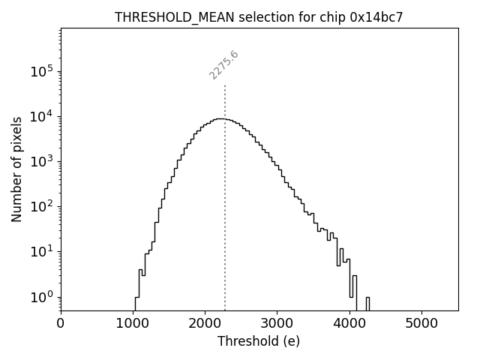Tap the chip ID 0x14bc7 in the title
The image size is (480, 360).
pyautogui.click(x=376, y=17)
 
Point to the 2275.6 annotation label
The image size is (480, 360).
pyautogui.click(x=223, y=65)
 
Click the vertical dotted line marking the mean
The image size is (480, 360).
pyautogui.click(x=224, y=225)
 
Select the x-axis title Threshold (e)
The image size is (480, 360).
pyautogui.click(x=259, y=341)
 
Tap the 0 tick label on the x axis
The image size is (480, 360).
pyautogui.click(x=61, y=324)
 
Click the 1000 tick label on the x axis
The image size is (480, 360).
pyautogui.click(x=133, y=324)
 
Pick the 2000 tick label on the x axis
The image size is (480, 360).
pyautogui.click(x=205, y=324)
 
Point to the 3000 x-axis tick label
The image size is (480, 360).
pyautogui.click(x=277, y=324)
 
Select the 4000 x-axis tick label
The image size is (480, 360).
pyautogui.click(x=349, y=324)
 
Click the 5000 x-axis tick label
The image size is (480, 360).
pyautogui.click(x=421, y=324)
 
